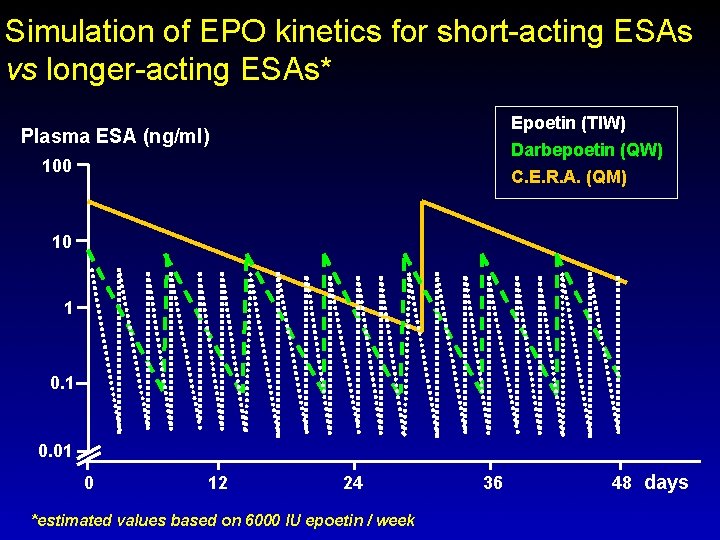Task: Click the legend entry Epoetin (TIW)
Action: click(568, 124)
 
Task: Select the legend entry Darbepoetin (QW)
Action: click(586, 151)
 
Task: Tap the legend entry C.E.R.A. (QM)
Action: click(568, 177)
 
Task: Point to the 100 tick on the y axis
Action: click(56, 165)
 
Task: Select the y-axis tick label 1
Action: click(68, 309)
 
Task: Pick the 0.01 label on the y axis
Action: click(54, 453)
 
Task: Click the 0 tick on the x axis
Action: click(89, 483)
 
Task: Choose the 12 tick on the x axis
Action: click(217, 483)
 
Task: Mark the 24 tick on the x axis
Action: click(353, 483)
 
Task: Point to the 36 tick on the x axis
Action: click(492, 483)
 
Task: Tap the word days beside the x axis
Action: click(666, 483)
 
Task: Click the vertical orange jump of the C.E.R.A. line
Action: click(423, 265)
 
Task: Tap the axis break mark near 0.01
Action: click(89, 454)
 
